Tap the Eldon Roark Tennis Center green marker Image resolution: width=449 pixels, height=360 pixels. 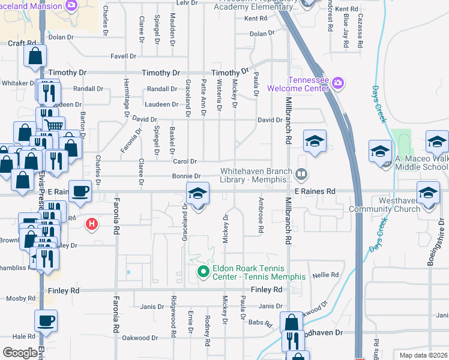point(203,272)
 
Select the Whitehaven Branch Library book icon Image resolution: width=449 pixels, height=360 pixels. point(301,175)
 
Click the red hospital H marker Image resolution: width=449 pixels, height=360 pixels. point(91,224)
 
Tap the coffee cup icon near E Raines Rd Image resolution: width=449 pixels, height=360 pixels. point(80,192)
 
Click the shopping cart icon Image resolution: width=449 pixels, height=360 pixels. point(54,126)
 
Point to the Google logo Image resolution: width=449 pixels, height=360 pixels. point(19,353)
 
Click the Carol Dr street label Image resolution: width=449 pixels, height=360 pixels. point(185,161)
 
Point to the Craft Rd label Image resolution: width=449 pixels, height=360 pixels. point(20,44)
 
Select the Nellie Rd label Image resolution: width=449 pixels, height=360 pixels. point(326,275)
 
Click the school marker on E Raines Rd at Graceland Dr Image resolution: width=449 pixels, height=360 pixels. point(197,194)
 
